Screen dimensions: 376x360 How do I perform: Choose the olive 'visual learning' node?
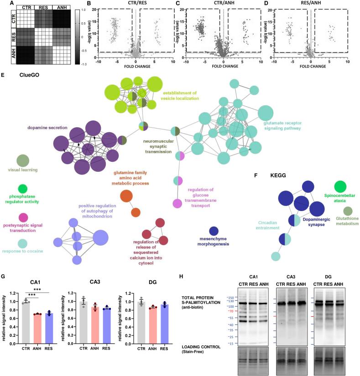(23, 160)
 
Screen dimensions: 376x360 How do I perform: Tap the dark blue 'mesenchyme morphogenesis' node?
(214, 231)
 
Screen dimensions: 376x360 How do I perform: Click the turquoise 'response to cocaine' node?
(23, 244)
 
